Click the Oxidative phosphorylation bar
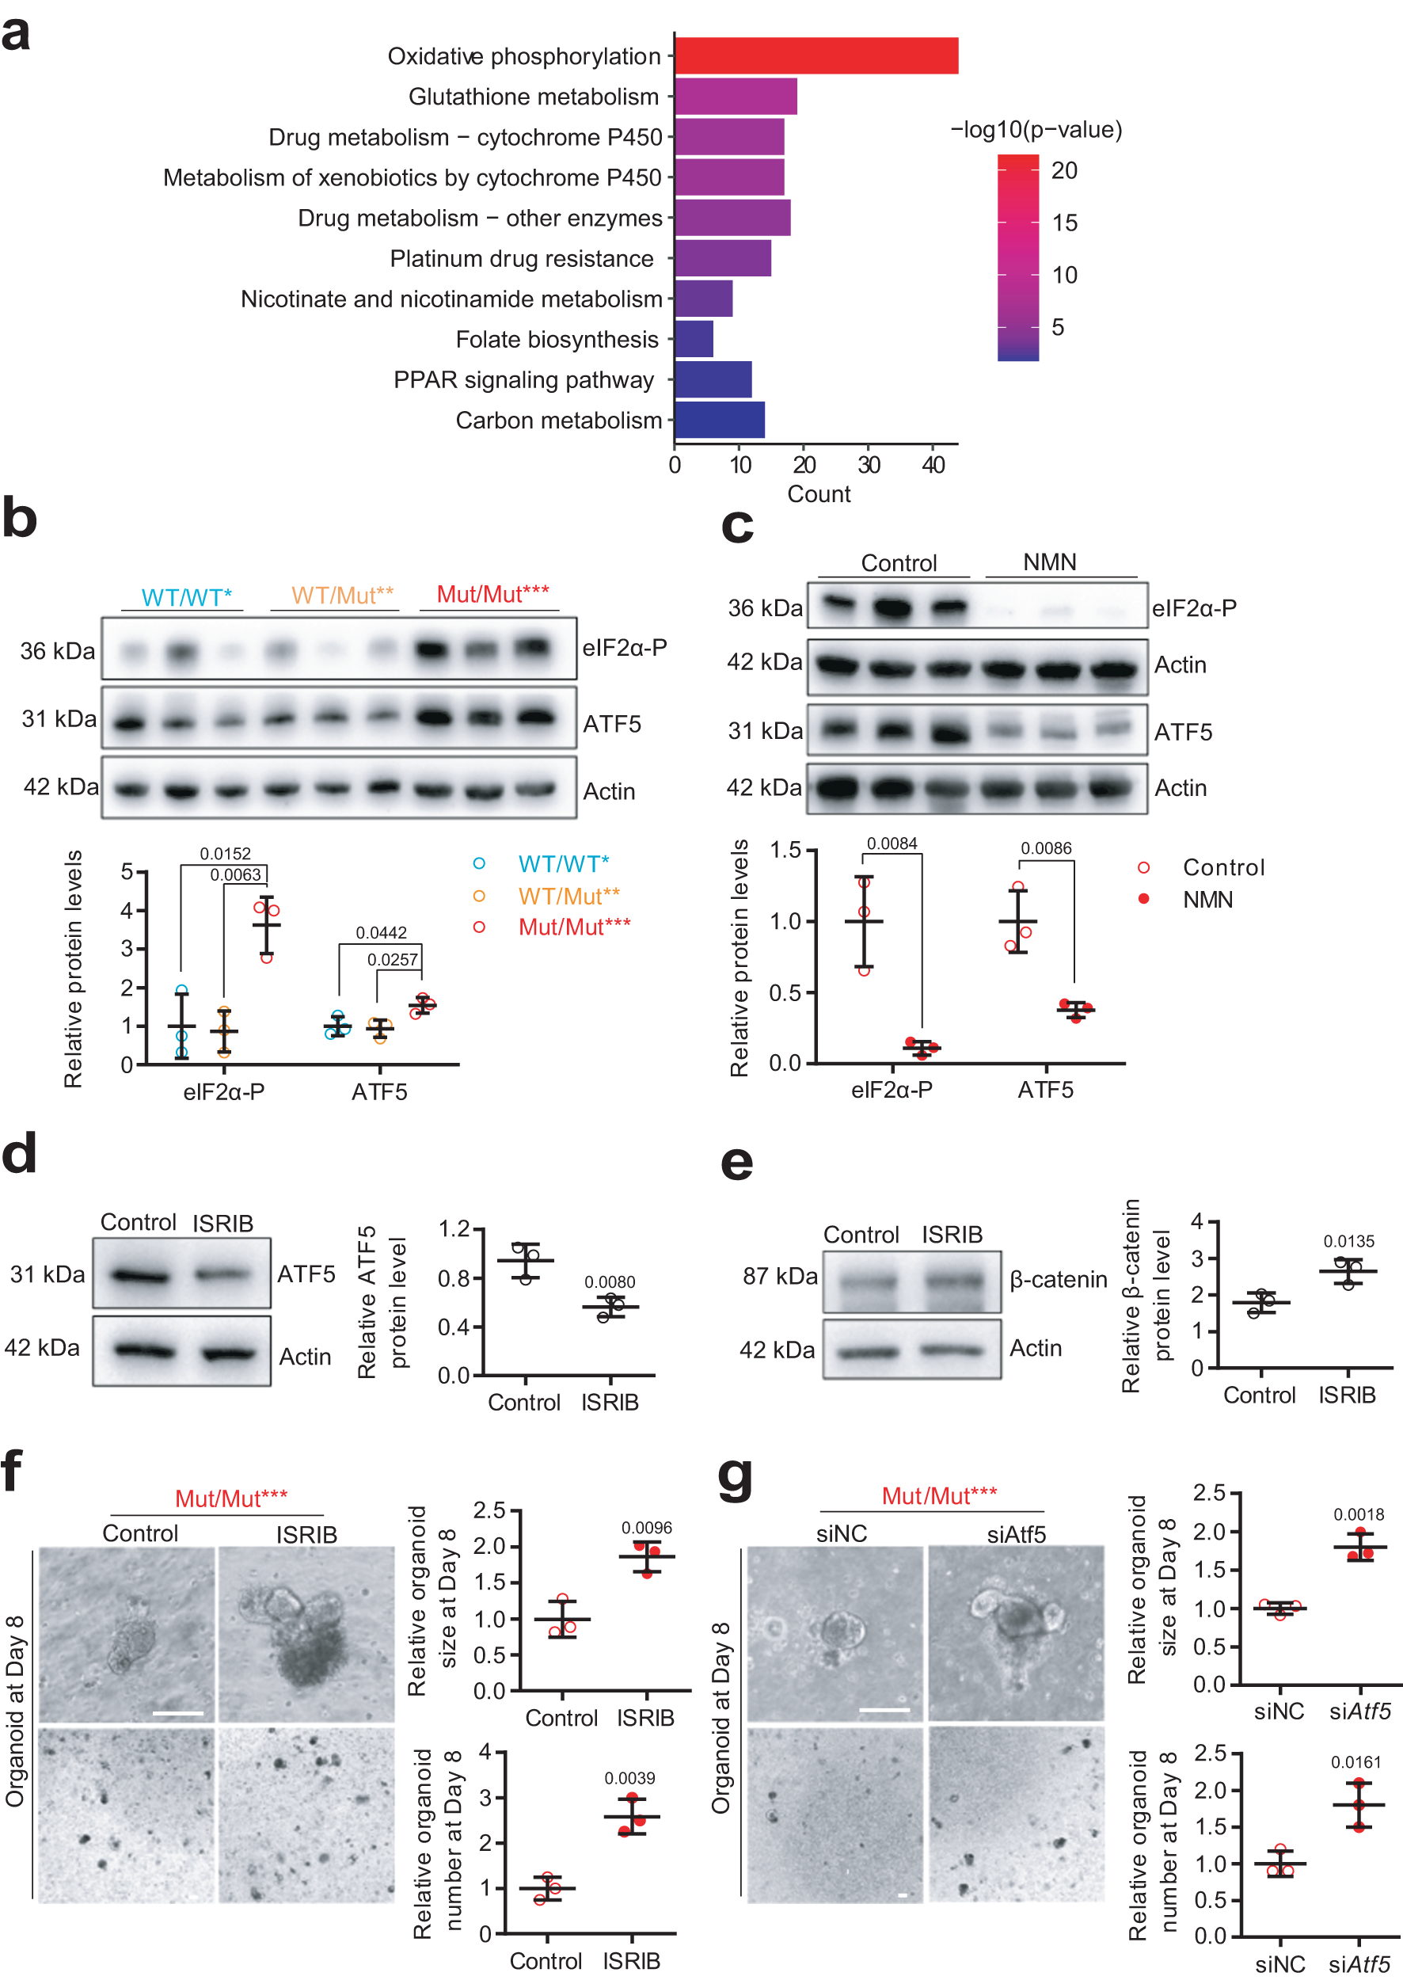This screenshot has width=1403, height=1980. pyautogui.click(x=816, y=56)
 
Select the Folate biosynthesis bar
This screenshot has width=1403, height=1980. pyautogui.click(x=694, y=339)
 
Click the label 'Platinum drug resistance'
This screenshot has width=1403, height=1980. pyautogui.click(x=521, y=258)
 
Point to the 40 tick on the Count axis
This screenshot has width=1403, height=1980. pyautogui.click(x=933, y=465)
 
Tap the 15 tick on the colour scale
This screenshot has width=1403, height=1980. pyautogui.click(x=1064, y=223)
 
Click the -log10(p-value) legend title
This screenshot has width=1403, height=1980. pyautogui.click(x=1036, y=130)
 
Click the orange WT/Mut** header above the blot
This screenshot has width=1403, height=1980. pyautogui.click(x=342, y=596)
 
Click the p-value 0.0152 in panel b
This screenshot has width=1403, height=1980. pyautogui.click(x=225, y=854)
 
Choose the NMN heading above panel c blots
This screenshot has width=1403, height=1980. pyautogui.click(x=1049, y=562)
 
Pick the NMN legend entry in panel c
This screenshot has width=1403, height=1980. pyautogui.click(x=1207, y=900)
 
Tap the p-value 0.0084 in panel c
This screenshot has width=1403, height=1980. pyautogui.click(x=892, y=843)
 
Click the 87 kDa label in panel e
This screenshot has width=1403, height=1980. pyautogui.click(x=779, y=1277)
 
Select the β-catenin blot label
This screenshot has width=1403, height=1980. pyautogui.click(x=1058, y=1279)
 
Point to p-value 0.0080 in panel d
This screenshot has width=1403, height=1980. pyautogui.click(x=609, y=1282)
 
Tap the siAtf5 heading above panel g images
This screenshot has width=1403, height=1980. pyautogui.click(x=1016, y=1534)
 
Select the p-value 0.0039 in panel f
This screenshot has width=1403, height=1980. pyautogui.click(x=629, y=1778)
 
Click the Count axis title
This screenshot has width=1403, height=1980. pyautogui.click(x=818, y=494)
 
